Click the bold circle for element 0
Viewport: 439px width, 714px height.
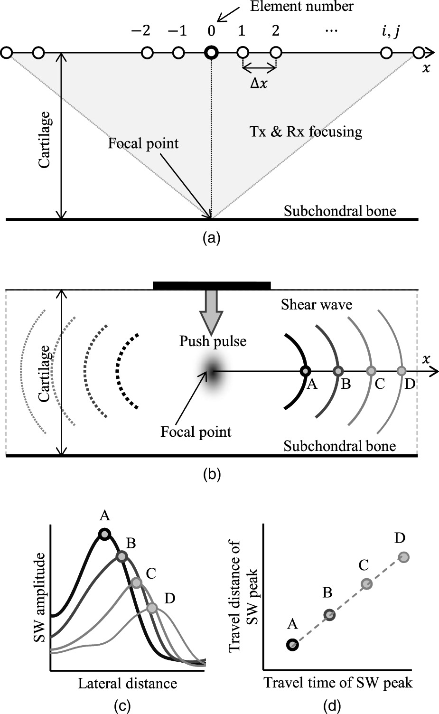click(211, 53)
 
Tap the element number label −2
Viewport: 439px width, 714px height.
click(140, 31)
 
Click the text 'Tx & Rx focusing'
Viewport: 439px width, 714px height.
click(305, 131)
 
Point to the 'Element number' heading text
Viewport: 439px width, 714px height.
click(301, 7)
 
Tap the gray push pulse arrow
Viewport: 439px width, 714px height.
click(212, 311)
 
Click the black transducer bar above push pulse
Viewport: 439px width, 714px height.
click(212, 285)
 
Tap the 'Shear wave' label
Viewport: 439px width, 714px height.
click(316, 304)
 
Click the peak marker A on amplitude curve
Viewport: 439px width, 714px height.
click(104, 534)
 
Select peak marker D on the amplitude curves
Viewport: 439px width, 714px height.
click(152, 608)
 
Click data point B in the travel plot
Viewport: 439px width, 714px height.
click(329, 615)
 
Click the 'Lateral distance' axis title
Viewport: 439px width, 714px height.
click(127, 683)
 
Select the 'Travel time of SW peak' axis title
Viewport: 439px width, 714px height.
click(338, 682)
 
